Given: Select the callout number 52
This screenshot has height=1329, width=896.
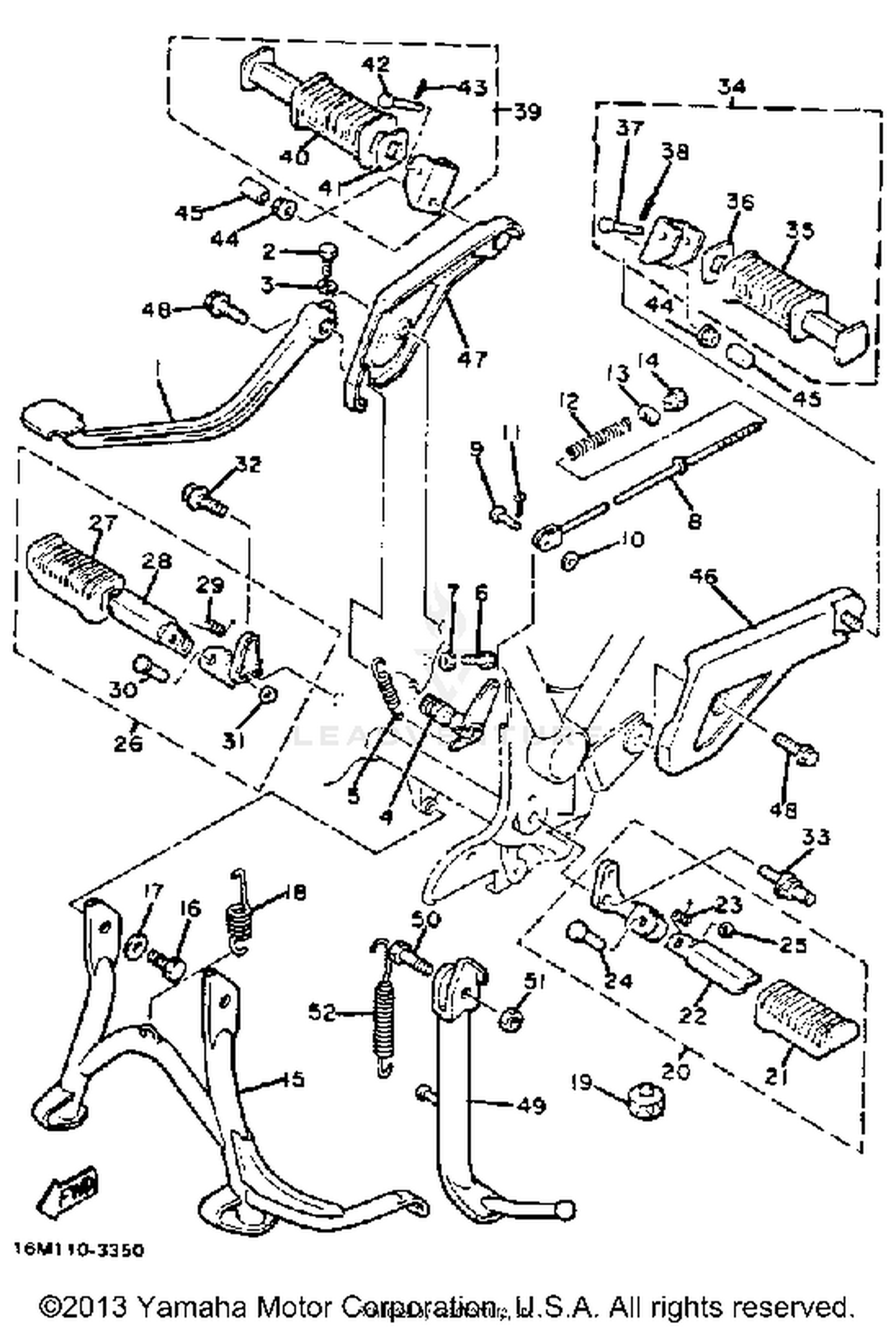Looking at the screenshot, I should (x=323, y=1012).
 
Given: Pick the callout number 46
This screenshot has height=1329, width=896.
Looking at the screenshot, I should (x=703, y=576).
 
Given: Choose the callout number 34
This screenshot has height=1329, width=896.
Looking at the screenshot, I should (x=731, y=87).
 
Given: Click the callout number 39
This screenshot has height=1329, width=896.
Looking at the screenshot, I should (x=526, y=112).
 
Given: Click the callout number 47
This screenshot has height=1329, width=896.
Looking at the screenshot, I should (x=472, y=358).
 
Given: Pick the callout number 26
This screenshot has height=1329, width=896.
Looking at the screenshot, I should (x=128, y=743).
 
